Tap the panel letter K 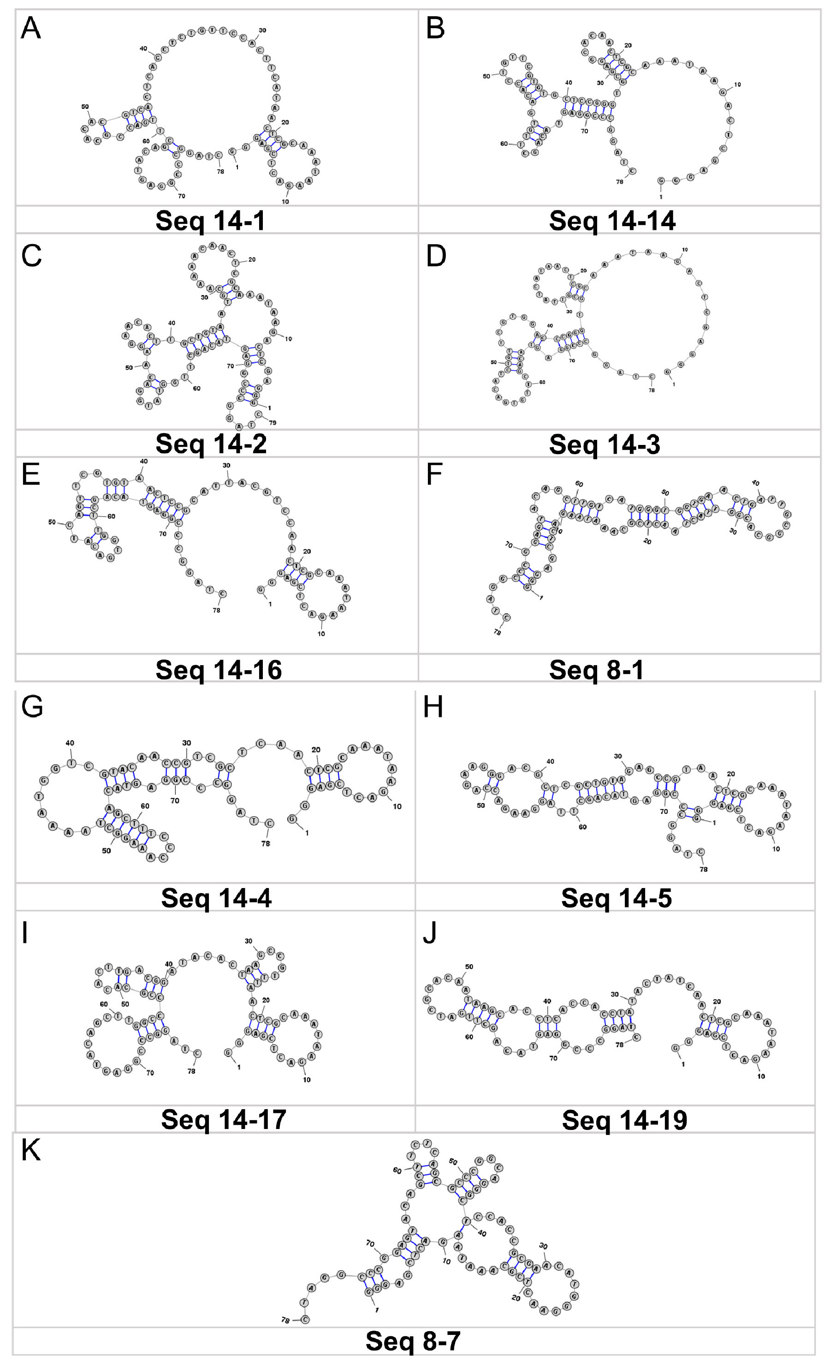pos(30,1150)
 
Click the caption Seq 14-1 pos(210,221)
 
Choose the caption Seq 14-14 pos(612,221)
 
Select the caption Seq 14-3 pos(605,444)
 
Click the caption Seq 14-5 pos(616,898)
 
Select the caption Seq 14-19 pos(625,1120)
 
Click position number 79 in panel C pos(273,423)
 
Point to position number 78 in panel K pos(285,1320)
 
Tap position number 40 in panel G pos(70,743)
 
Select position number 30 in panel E pos(226,466)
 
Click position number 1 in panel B pos(661,197)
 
